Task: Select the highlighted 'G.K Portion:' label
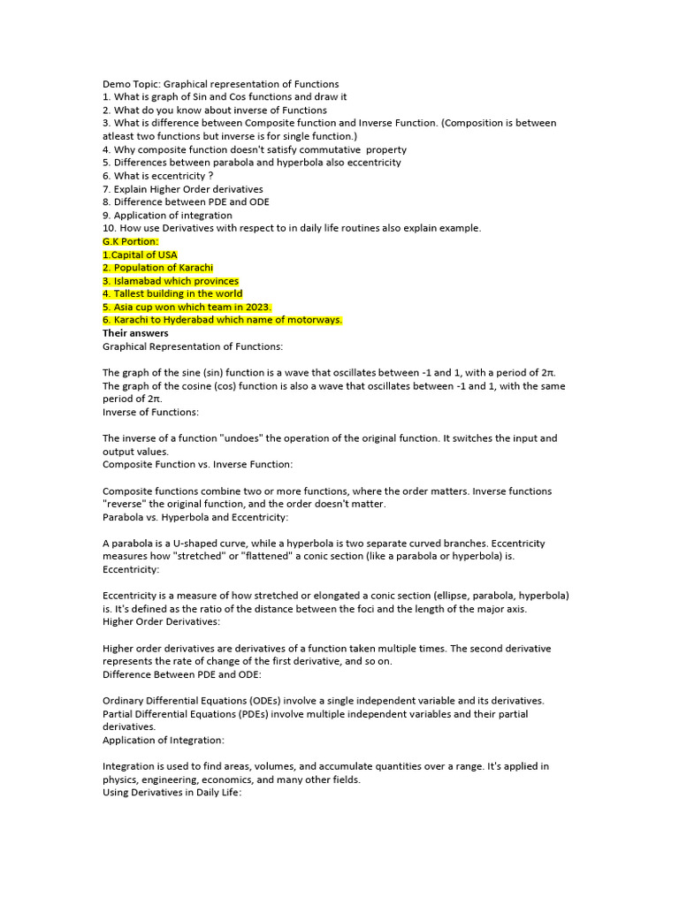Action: (131, 241)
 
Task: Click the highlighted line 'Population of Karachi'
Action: (158, 268)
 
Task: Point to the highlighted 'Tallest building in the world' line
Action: (172, 293)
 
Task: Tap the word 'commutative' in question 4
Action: (330, 149)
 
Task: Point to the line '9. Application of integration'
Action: (167, 215)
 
